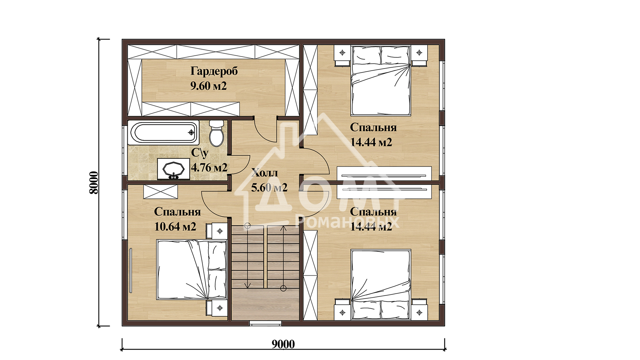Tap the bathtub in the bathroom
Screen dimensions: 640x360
coord(163,133)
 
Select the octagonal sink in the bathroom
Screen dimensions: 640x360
coord(173,169)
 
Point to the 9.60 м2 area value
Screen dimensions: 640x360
coord(208,86)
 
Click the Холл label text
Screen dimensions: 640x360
coord(264,173)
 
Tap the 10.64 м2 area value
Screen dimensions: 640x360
coord(175,227)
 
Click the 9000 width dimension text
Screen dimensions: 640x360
coord(283,344)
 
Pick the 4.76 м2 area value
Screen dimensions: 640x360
coord(209,167)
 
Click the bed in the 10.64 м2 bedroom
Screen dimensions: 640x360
coord(192,270)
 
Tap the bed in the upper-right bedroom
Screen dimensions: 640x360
coord(381,81)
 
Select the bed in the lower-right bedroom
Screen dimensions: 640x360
coord(381,284)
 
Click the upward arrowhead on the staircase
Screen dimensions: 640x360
coord(283,229)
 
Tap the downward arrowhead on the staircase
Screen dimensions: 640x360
coord(248,285)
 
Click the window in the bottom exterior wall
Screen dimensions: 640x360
coord(265,323)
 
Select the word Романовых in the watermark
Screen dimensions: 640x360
coord(347,222)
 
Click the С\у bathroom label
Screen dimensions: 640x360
coord(200,153)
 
